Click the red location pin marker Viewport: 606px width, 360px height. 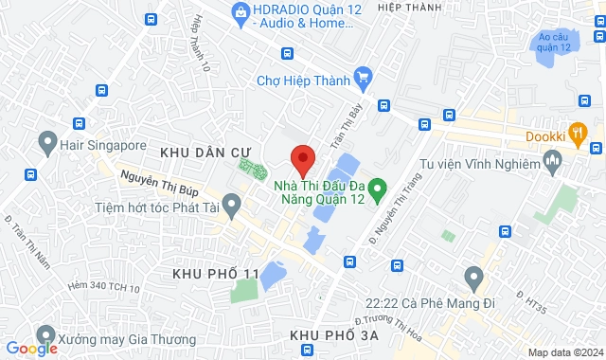coord(301,159)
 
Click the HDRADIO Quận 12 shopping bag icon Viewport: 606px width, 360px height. coord(240,11)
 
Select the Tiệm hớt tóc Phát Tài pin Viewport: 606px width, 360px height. coord(228,207)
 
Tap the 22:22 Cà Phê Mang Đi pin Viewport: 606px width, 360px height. coord(473,279)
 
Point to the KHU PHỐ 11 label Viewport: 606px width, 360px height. coord(216,273)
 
